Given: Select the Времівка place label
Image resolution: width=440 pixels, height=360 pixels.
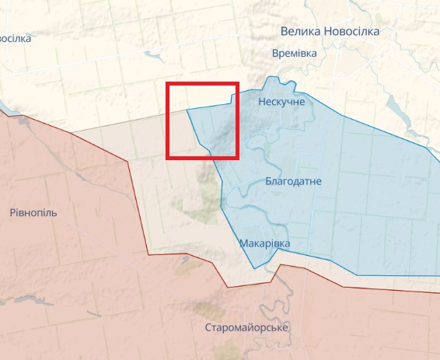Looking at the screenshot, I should click(295, 53).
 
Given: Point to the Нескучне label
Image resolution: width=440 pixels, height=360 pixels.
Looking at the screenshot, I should click(281, 102).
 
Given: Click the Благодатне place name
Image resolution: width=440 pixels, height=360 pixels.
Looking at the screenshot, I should click(293, 181).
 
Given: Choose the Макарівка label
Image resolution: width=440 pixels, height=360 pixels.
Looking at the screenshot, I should click(264, 243).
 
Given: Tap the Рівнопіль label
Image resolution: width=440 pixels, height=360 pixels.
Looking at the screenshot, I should click(33, 212).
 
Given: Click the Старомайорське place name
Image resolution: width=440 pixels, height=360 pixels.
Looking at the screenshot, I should click(246, 327).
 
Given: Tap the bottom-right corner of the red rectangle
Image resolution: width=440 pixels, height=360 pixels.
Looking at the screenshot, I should click(237, 158).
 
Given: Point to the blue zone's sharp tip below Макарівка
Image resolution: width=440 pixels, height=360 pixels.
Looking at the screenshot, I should click(254, 268).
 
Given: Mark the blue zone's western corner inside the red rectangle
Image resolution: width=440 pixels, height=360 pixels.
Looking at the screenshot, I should click(187, 110).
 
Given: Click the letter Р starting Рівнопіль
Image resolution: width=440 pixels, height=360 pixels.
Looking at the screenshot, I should click(13, 212).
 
